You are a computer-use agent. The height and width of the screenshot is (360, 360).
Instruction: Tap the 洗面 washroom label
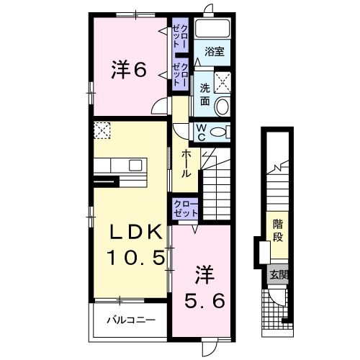204,95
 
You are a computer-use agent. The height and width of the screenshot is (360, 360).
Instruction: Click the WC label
202,132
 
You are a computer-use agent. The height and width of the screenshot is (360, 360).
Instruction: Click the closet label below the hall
184,210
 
